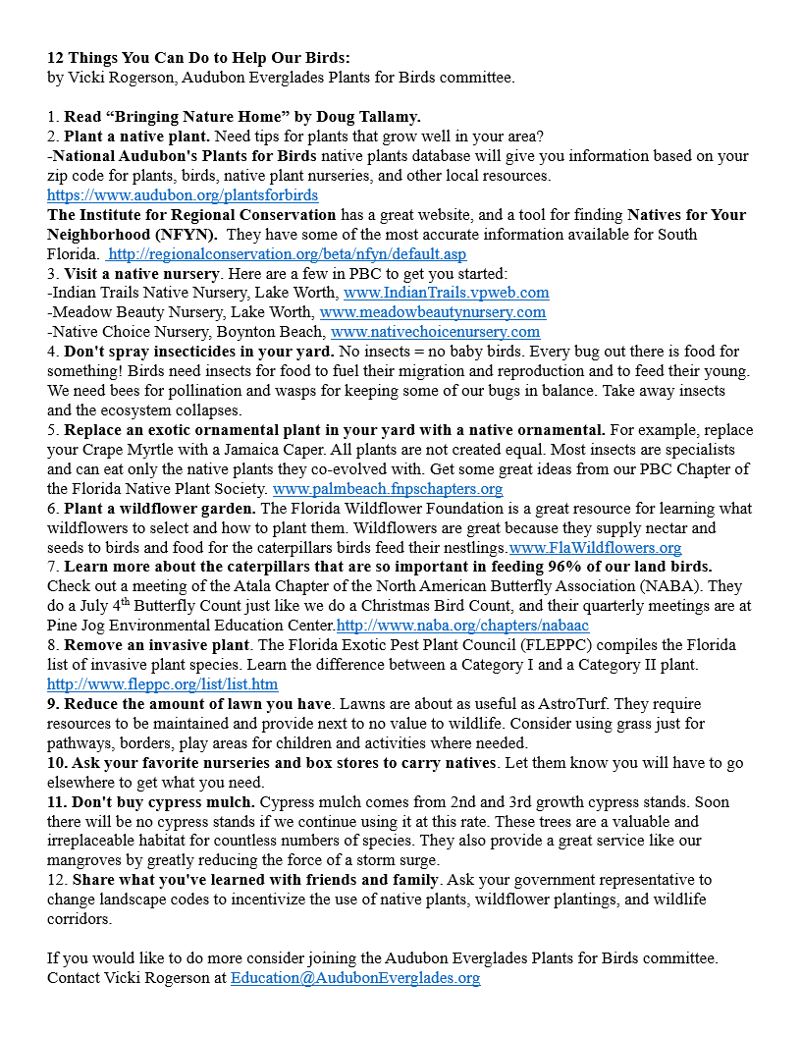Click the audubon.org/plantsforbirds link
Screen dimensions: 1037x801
click(183, 195)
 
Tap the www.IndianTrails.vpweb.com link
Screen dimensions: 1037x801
click(447, 293)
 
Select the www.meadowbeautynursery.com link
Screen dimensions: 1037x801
click(433, 312)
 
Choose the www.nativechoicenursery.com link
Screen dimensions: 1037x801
click(436, 332)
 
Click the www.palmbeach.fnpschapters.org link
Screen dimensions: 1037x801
click(388, 488)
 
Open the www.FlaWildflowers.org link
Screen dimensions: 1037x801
click(595, 548)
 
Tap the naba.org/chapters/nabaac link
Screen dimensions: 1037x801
click(462, 626)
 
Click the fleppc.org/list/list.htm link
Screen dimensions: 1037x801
click(163, 684)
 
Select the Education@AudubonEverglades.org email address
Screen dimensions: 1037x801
click(355, 978)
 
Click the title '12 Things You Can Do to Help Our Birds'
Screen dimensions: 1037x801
click(191, 58)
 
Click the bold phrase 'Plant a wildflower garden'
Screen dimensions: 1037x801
click(159, 509)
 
